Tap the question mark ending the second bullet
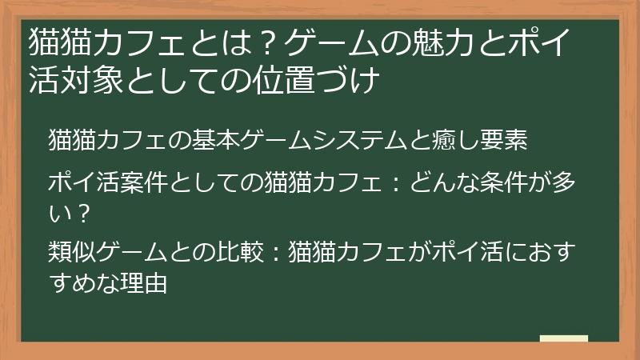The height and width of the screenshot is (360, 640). point(78,213)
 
